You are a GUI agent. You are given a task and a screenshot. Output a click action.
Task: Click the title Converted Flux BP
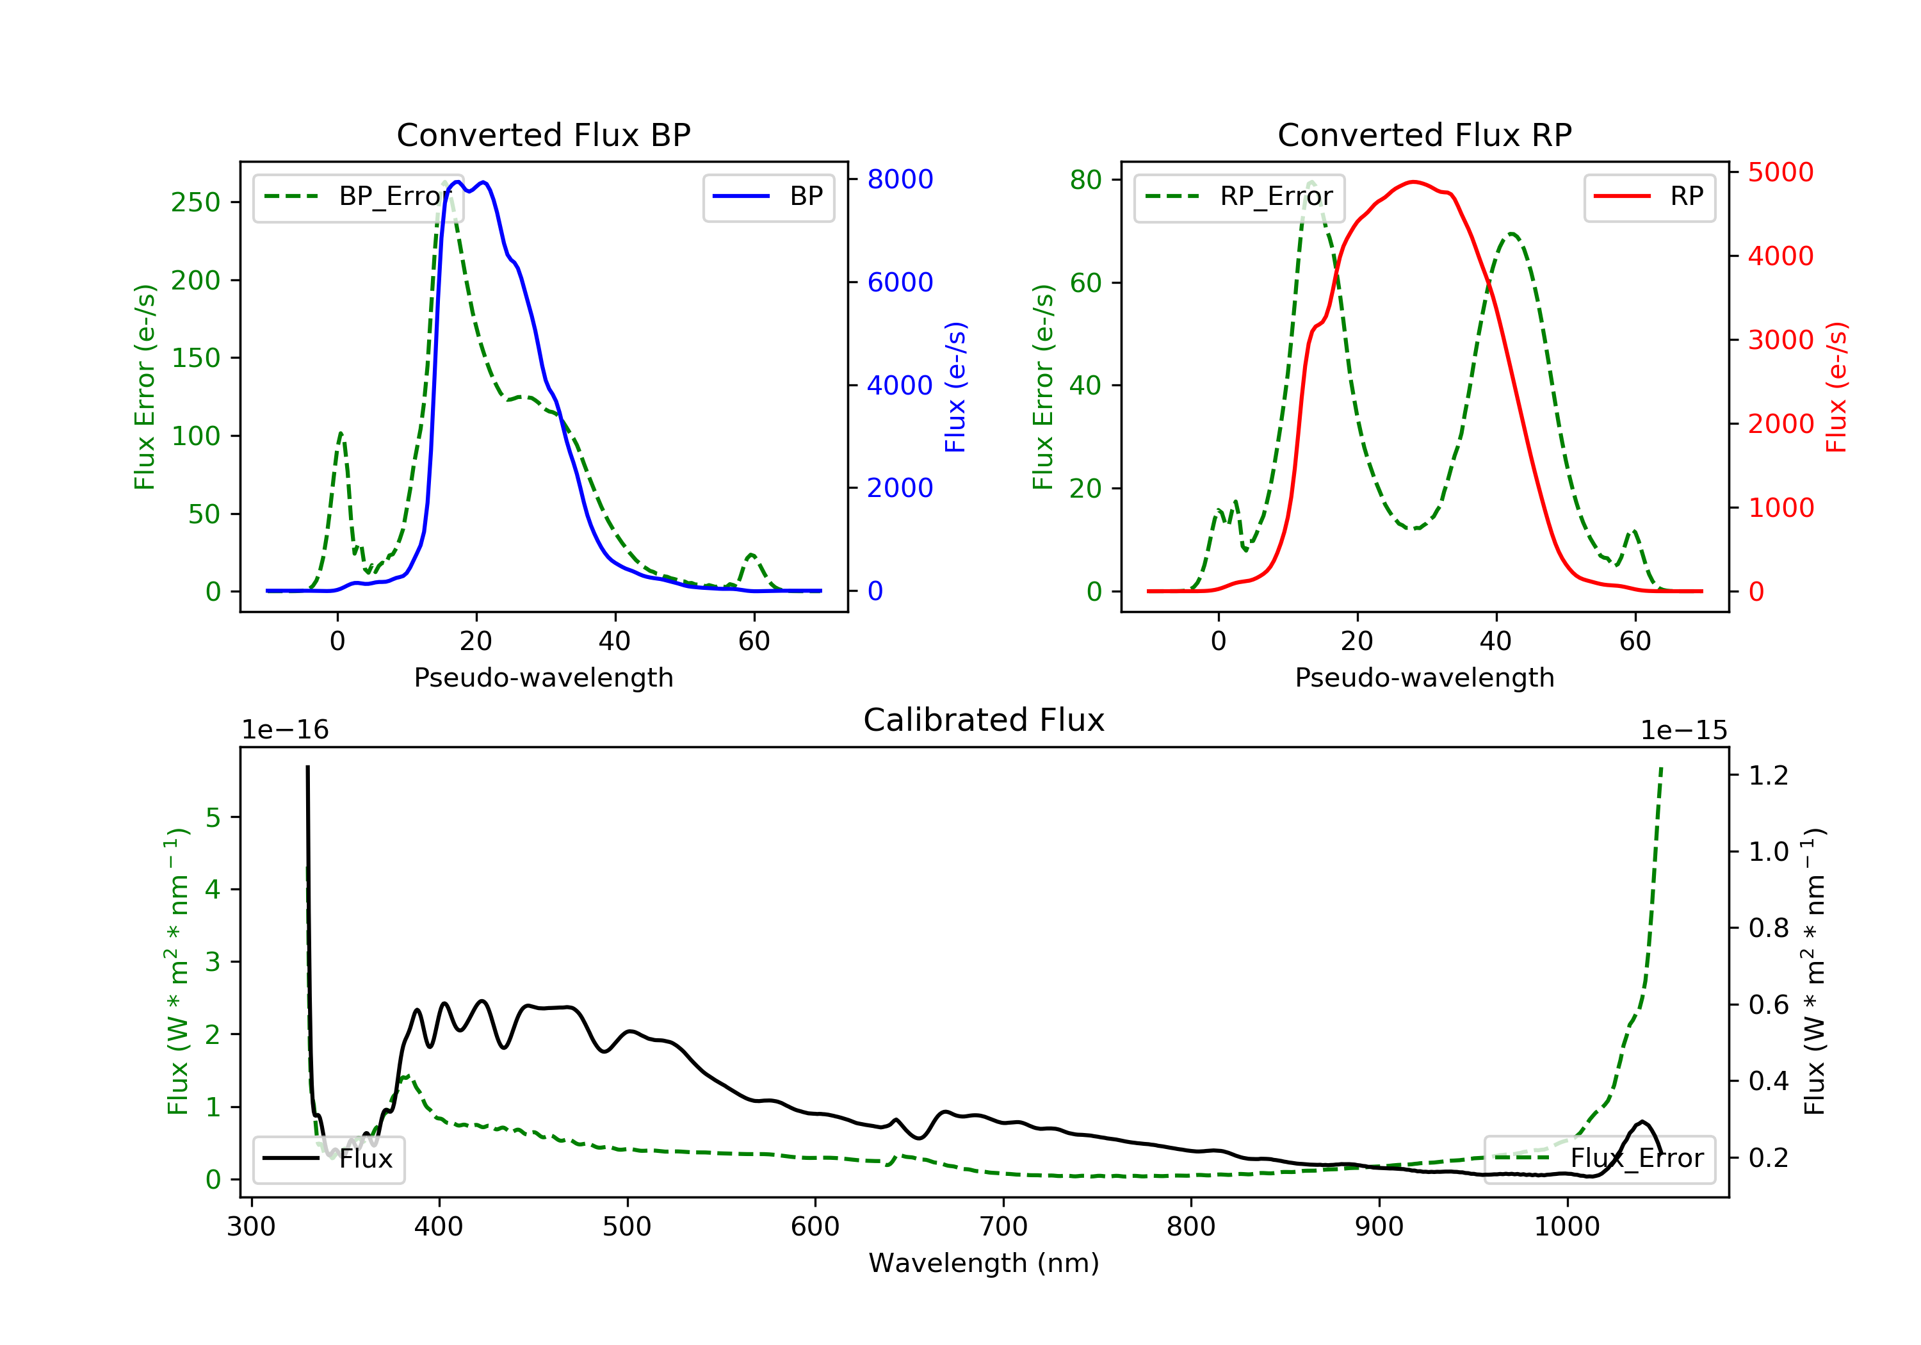543,134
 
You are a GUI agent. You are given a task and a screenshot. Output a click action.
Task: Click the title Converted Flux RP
1424,134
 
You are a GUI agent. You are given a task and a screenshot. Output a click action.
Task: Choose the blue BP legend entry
768,197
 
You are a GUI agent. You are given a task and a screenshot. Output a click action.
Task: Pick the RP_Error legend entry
1238,197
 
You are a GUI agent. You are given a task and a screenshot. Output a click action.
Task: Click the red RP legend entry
1649,197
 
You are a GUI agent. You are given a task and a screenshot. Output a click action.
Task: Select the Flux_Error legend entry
1599,1159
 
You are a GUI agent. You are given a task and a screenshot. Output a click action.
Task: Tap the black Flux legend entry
329,1159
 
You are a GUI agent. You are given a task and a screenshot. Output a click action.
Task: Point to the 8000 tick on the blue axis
900,179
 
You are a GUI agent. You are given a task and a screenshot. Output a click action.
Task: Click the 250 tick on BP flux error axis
196,202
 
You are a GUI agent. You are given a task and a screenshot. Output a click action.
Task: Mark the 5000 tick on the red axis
1780,172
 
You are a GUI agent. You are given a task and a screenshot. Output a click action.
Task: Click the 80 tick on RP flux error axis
1085,179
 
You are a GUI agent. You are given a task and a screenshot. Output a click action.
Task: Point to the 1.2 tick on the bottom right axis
1768,776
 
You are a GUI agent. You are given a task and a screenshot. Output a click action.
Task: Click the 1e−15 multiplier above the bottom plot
1683,730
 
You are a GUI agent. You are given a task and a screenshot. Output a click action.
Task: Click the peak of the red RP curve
1413,182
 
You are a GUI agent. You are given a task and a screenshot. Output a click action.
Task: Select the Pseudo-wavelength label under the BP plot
543,677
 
